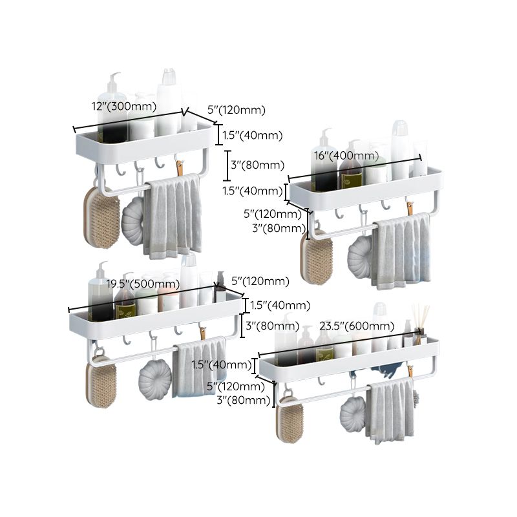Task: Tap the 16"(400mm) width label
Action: pyautogui.click(x=346, y=156)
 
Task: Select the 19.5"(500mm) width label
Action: pyautogui.click(x=143, y=283)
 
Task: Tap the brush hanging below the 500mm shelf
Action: pyautogui.click(x=101, y=384)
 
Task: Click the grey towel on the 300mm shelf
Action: pyautogui.click(x=171, y=217)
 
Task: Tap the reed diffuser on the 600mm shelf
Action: pyautogui.click(x=421, y=320)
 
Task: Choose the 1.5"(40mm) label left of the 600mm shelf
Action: pyautogui.click(x=222, y=365)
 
